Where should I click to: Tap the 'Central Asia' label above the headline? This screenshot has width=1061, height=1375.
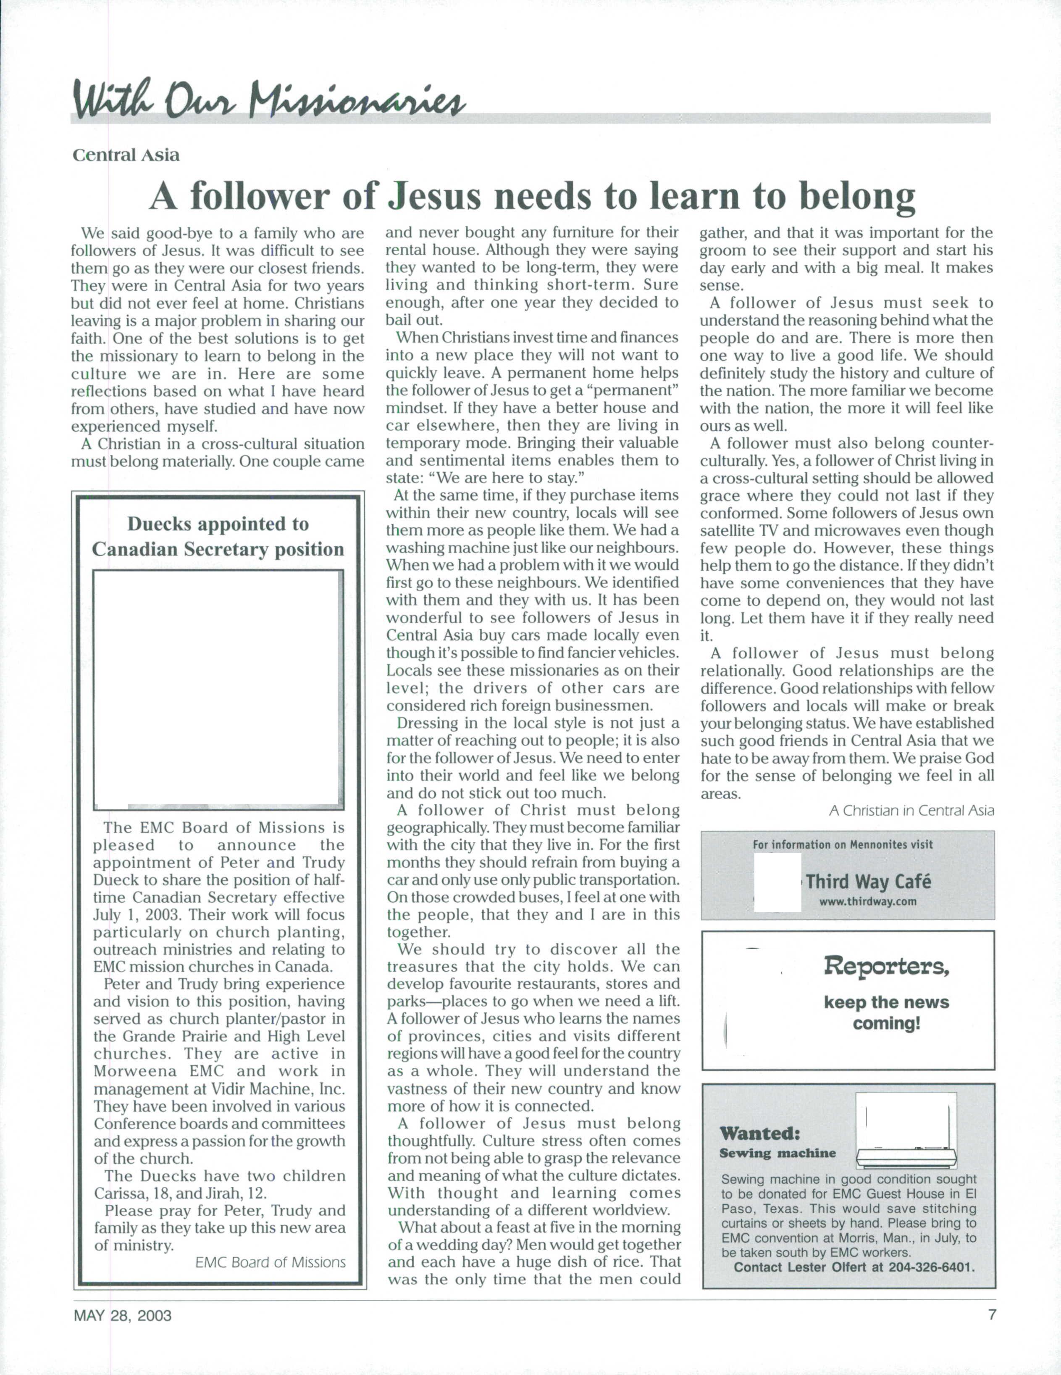[126, 155]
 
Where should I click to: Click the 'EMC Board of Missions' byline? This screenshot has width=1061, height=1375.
[270, 1262]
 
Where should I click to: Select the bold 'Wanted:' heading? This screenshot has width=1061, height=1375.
[759, 1134]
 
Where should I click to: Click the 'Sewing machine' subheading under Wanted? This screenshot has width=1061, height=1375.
[777, 1154]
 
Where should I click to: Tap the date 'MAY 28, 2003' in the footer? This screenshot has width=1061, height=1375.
[123, 1316]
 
